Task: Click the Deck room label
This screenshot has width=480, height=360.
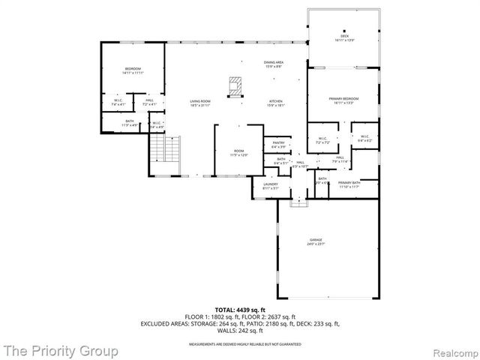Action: pyautogui.click(x=344, y=37)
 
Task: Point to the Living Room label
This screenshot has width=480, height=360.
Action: pyautogui.click(x=199, y=103)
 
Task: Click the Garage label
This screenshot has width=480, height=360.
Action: pyautogui.click(x=315, y=242)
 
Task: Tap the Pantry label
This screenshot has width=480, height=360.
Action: pyautogui.click(x=278, y=144)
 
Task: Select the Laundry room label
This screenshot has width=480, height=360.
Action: pyautogui.click(x=271, y=186)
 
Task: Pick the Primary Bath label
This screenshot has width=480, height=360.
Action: pyautogui.click(x=349, y=184)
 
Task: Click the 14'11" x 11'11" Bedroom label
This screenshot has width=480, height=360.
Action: pyautogui.click(x=133, y=71)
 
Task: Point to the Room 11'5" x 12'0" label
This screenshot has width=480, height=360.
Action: pyautogui.click(x=239, y=152)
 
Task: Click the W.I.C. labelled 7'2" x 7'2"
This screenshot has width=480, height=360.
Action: pyautogui.click(x=323, y=139)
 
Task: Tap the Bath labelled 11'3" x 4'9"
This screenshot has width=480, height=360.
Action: pyautogui.click(x=130, y=124)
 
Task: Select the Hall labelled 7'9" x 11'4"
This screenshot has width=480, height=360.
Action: pyautogui.click(x=339, y=159)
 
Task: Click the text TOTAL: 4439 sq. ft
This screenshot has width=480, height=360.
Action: pyautogui.click(x=239, y=309)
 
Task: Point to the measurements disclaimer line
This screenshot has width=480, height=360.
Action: pyautogui.click(x=239, y=343)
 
